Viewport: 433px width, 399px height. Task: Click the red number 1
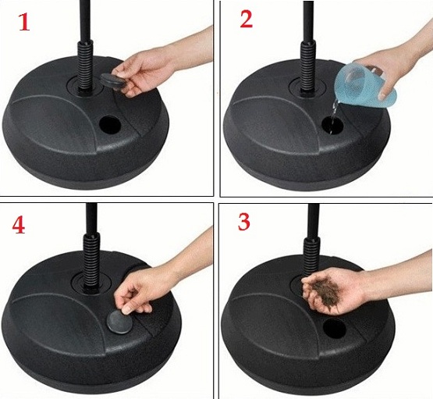pos(23,22)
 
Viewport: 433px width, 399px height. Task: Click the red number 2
pos(247,20)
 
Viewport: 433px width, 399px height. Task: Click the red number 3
pos(244,223)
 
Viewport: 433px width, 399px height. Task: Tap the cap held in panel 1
pos(112,80)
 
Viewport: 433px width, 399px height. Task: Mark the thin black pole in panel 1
pos(82,20)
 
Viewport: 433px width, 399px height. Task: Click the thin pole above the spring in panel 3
pos(313,219)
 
